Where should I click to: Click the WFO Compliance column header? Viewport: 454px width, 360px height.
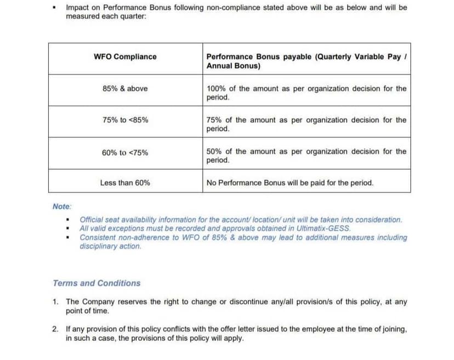coord(125,57)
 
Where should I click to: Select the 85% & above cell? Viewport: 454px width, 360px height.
coord(125,88)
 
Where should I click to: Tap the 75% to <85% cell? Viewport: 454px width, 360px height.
coord(125,120)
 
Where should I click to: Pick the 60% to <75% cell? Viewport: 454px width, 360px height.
coord(125,153)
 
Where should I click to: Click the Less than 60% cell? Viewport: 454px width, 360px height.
coord(125,183)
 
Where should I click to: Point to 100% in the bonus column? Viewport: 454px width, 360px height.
coord(215,88)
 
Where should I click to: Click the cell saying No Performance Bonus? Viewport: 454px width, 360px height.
coord(290,183)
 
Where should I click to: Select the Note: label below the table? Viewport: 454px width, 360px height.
coord(62,206)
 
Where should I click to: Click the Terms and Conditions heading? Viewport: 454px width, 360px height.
coord(97,283)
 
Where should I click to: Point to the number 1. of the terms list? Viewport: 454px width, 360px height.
coord(56,302)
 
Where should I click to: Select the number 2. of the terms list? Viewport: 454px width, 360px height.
coord(56,329)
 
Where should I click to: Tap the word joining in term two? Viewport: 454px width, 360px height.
coord(394,329)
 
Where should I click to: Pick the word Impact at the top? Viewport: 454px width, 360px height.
coord(78,8)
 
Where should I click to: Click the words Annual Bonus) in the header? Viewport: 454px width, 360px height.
coord(233,66)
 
